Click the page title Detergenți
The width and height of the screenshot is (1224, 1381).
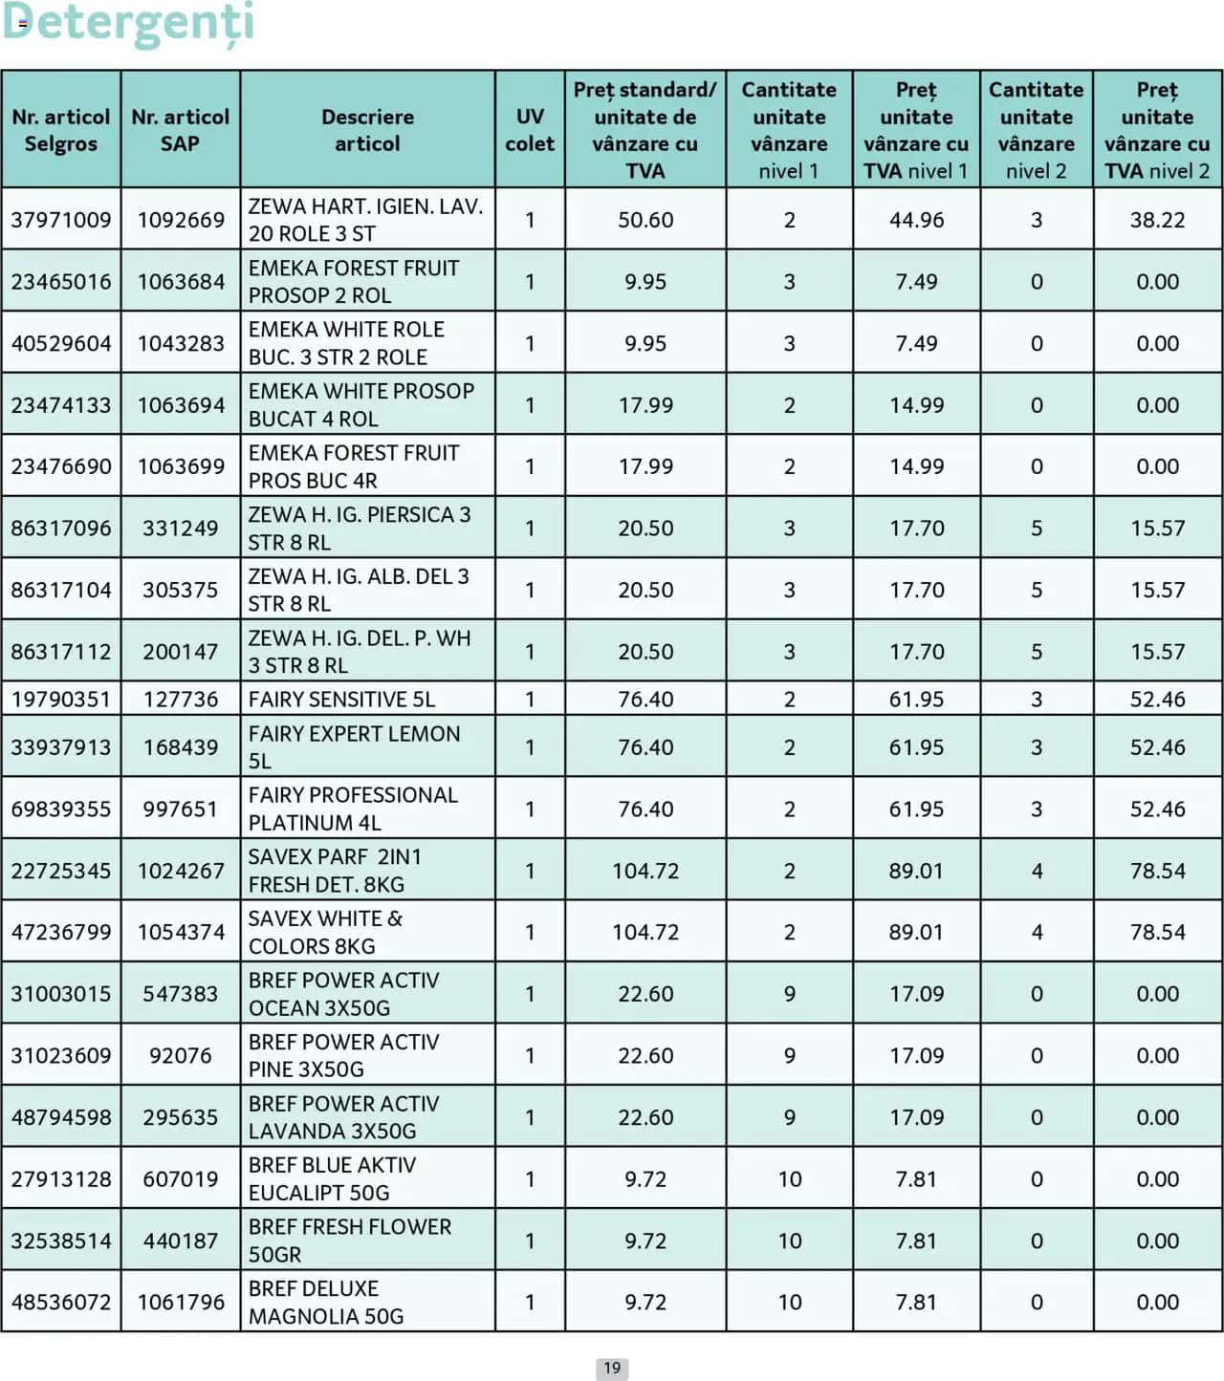point(128,23)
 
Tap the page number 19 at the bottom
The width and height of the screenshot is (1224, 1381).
point(612,1368)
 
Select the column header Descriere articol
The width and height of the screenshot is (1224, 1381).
point(367,130)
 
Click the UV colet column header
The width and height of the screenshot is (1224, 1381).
point(530,130)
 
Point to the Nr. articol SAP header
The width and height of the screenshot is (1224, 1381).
point(180,130)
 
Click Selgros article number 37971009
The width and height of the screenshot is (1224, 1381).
point(60,220)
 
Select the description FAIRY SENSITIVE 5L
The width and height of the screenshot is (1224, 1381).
point(341,700)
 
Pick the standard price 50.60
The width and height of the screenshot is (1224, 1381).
point(645,220)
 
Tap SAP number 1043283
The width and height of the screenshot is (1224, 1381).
point(181,343)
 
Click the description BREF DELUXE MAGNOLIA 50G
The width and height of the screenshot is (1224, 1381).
point(326,1302)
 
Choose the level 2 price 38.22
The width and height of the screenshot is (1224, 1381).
point(1157,220)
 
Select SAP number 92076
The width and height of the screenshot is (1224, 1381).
point(181,1055)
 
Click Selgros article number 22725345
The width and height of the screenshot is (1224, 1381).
point(60,871)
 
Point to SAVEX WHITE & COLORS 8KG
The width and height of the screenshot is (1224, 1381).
point(325,932)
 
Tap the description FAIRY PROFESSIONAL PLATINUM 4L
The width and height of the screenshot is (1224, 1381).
point(353,809)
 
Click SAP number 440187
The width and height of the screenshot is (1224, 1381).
point(181,1241)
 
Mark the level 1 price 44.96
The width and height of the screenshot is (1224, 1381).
point(916,220)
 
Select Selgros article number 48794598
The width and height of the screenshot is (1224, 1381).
point(60,1117)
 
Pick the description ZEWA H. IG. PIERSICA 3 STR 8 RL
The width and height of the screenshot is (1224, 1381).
point(360,529)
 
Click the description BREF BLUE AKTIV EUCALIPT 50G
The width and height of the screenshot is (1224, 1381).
point(332,1178)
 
